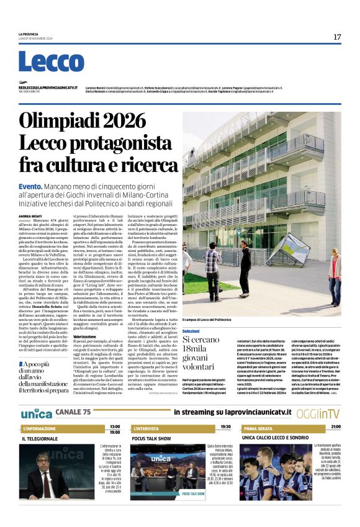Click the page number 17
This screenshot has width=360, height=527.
(x=337, y=37)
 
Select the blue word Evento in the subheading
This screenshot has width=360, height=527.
(x=30, y=186)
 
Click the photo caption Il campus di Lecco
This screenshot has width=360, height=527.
(x=205, y=320)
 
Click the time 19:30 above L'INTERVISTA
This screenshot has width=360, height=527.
(x=225, y=426)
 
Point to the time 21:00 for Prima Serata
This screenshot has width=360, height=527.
(x=335, y=426)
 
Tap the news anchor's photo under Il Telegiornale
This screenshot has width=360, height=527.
(x=47, y=475)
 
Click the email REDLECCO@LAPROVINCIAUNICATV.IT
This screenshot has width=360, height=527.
(x=48, y=88)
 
